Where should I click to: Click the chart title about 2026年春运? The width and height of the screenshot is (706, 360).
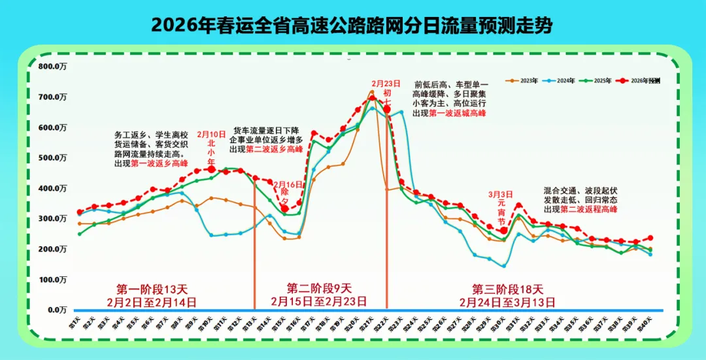352,25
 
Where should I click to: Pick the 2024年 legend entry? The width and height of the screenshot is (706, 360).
561,80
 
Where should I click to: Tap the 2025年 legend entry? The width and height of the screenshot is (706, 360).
597,80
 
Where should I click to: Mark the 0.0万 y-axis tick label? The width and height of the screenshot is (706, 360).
56,310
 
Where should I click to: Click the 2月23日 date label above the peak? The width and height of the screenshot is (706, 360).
386,84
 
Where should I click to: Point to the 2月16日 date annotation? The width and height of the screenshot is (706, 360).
285,185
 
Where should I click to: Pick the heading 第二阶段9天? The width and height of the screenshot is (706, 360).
319,288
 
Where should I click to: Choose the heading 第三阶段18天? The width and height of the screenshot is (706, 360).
507,288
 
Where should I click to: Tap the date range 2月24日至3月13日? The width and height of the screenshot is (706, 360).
507,302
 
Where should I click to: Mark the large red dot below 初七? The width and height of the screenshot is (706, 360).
387,109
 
